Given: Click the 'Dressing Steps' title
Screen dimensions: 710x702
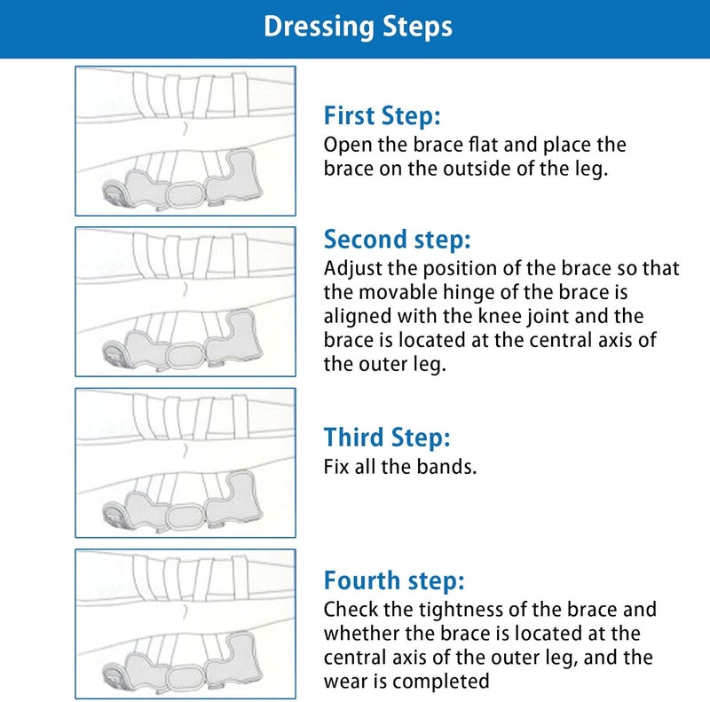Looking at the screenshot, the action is (x=358, y=27).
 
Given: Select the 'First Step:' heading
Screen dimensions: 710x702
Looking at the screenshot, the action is (x=383, y=116).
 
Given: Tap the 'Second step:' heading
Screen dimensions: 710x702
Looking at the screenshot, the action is (x=397, y=240).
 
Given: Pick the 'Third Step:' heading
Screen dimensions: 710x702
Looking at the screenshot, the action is (x=387, y=438).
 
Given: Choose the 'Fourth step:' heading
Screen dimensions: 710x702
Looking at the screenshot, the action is (x=394, y=580).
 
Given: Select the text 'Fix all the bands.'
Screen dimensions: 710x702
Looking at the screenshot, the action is (x=400, y=467).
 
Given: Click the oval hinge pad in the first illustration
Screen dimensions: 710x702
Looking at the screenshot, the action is (x=185, y=194).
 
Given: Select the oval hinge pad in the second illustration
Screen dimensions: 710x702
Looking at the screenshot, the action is (x=185, y=356).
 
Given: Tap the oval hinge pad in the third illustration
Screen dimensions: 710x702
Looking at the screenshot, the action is (x=185, y=517).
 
